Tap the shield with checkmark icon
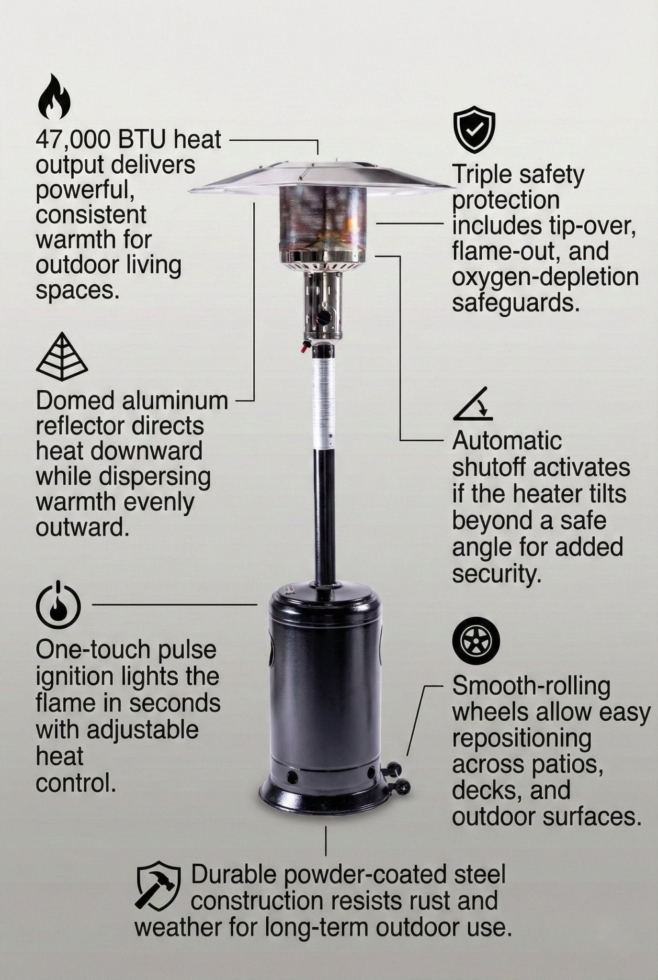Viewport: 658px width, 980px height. coord(474,130)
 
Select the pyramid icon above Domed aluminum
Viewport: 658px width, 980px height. coord(62,357)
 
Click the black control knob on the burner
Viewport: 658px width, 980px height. coord(326,316)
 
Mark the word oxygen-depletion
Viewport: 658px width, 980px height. coord(545,278)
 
